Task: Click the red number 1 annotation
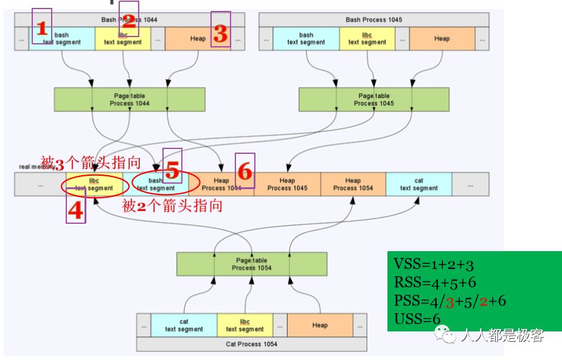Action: coord(42,27)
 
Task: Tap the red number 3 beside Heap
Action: coord(221,34)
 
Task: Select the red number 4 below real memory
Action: coord(75,210)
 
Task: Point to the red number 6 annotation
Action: coord(245,171)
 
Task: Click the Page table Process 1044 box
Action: coord(129,100)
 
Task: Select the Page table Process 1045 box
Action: coord(374,100)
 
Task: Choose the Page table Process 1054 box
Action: coord(251,264)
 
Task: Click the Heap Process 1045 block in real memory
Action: coord(287,184)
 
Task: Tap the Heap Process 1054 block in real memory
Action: coord(353,184)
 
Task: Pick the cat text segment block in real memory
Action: coord(418,184)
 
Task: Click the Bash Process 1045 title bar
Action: coord(373,19)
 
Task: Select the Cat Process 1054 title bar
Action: coord(251,344)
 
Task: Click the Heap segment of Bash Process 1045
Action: coord(442,38)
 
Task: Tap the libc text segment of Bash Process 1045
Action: coord(367,38)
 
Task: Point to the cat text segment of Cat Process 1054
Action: coord(184,325)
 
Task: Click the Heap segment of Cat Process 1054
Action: coord(319,325)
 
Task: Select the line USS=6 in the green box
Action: coord(416,319)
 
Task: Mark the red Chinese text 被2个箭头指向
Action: coord(172,206)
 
